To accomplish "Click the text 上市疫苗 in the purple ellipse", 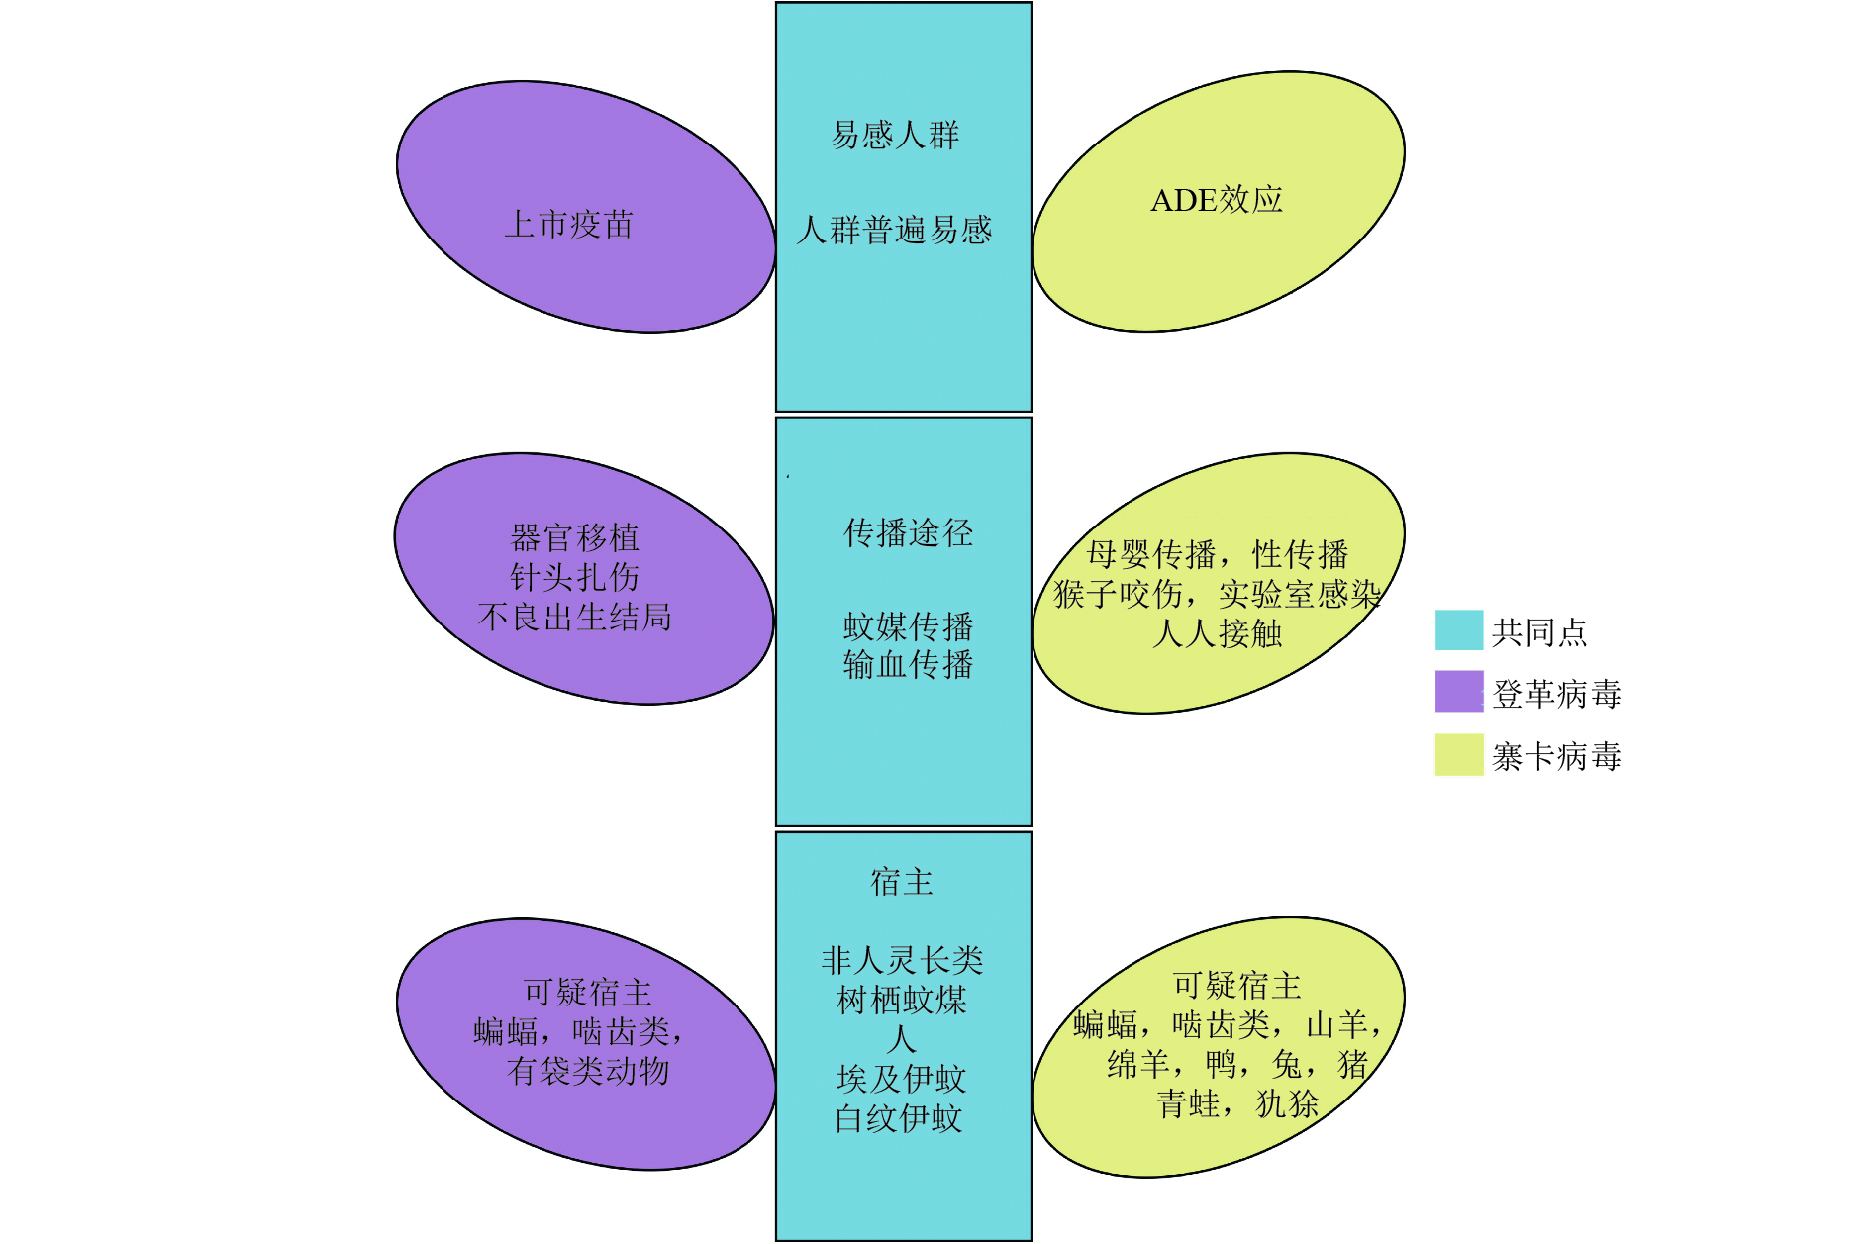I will click(x=568, y=225).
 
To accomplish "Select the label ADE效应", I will click(x=1217, y=200).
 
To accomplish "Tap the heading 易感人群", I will click(x=895, y=135).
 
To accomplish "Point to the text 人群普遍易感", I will click(x=895, y=231).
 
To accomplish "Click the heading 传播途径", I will click(x=908, y=532).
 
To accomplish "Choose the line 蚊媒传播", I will click(x=908, y=626).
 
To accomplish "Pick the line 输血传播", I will click(x=908, y=664).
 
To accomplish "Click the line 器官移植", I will click(x=574, y=538).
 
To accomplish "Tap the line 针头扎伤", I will click(x=574, y=577).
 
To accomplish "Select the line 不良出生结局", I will click(x=574, y=617).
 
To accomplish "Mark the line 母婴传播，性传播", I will click(x=1217, y=554).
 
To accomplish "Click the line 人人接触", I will click(x=1217, y=633).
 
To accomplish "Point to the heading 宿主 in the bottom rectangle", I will click(x=902, y=881).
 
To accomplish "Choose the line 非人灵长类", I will click(x=902, y=960).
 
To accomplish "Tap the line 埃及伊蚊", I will click(x=902, y=1079).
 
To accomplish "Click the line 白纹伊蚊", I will click(x=899, y=1118).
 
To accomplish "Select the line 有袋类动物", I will click(x=588, y=1071).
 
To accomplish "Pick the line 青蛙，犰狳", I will click(x=1237, y=1103).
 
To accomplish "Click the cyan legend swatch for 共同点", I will click(x=1459, y=630).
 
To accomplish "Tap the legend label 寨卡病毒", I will click(x=1556, y=757).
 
